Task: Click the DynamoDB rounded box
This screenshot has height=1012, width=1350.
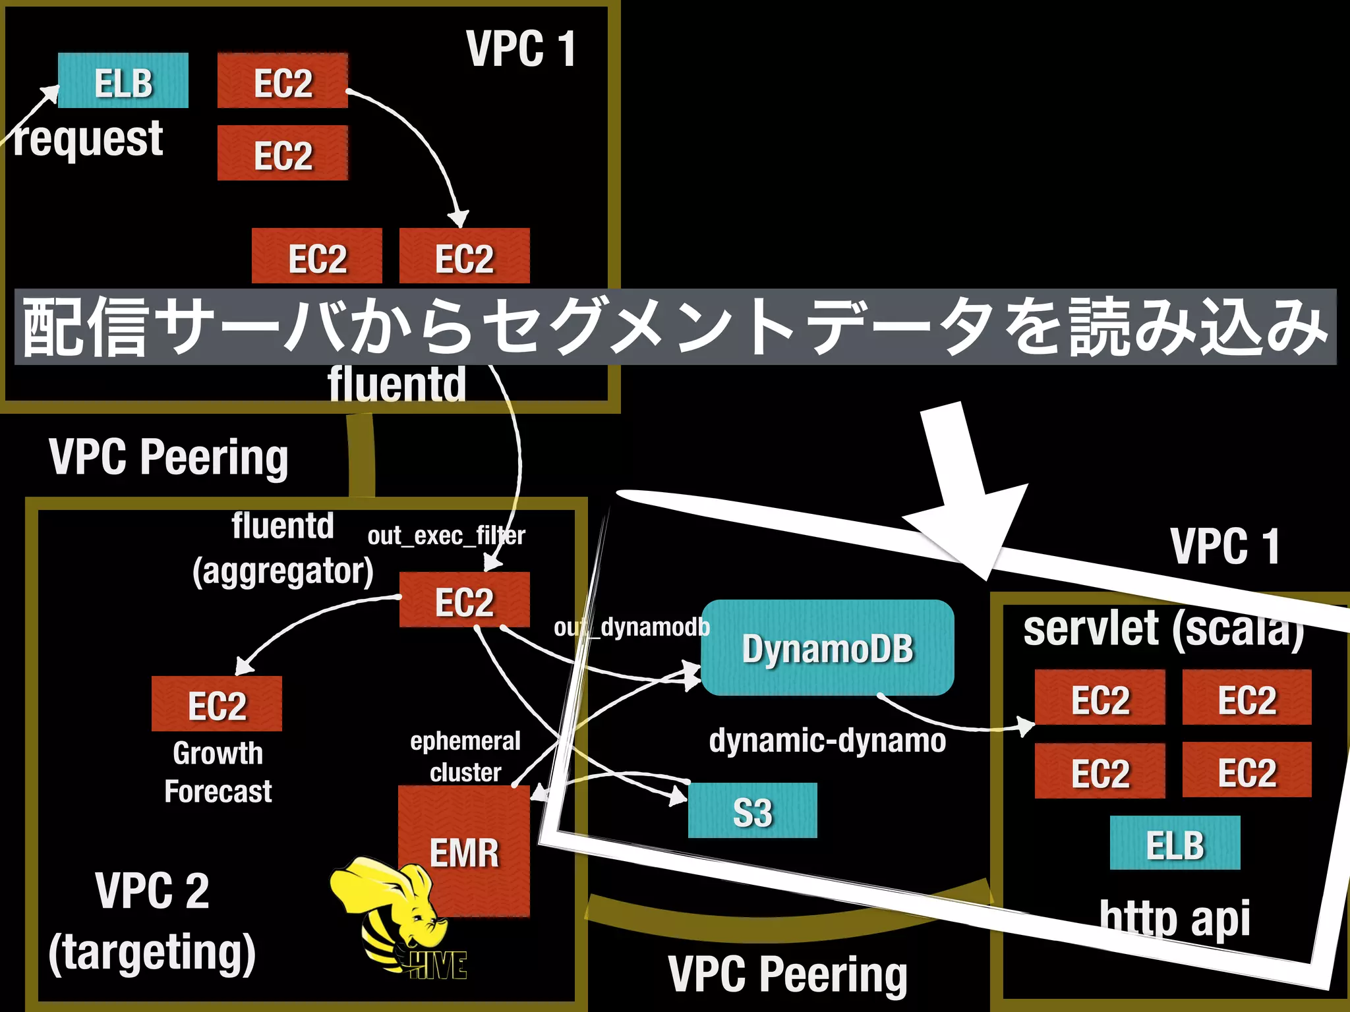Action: point(827,648)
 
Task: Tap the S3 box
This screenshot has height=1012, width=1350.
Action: point(752,810)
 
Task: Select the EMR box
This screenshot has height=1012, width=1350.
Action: point(464,851)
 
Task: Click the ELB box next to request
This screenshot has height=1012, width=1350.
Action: point(123,81)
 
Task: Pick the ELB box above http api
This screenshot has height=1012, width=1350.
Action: point(1175,843)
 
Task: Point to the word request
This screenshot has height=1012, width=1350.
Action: point(88,139)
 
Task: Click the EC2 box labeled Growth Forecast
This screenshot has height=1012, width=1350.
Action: point(216,704)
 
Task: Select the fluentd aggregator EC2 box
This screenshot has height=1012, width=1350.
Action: point(464,600)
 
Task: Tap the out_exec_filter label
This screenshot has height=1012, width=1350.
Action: point(446,536)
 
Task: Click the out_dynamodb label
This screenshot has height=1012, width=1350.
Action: point(631,627)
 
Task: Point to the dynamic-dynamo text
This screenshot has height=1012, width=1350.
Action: point(827,741)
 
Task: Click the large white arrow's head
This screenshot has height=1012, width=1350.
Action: point(969,527)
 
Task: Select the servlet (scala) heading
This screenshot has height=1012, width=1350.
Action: point(1163,629)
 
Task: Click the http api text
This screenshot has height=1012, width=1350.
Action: point(1175,918)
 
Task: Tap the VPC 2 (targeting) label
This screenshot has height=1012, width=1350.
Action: point(152,922)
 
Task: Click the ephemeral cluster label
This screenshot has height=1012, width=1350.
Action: point(465,756)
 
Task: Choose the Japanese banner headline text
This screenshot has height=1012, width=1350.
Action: point(675,327)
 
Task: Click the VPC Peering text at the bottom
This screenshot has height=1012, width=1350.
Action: point(788,974)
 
